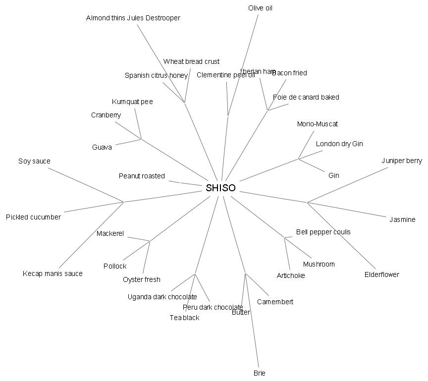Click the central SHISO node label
220,188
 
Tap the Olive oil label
260,8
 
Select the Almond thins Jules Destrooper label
133,18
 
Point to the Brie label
260,373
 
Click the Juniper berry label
402,161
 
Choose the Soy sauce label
34,161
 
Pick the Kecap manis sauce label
53,273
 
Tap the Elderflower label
381,274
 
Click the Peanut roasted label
142,176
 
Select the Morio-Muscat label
318,124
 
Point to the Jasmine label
402,219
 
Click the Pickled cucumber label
33,217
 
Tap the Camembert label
275,302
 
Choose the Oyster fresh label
142,279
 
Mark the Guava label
102,147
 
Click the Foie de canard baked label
306,97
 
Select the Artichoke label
291,275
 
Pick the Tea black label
184,318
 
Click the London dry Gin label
339,144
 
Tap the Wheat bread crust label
191,61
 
